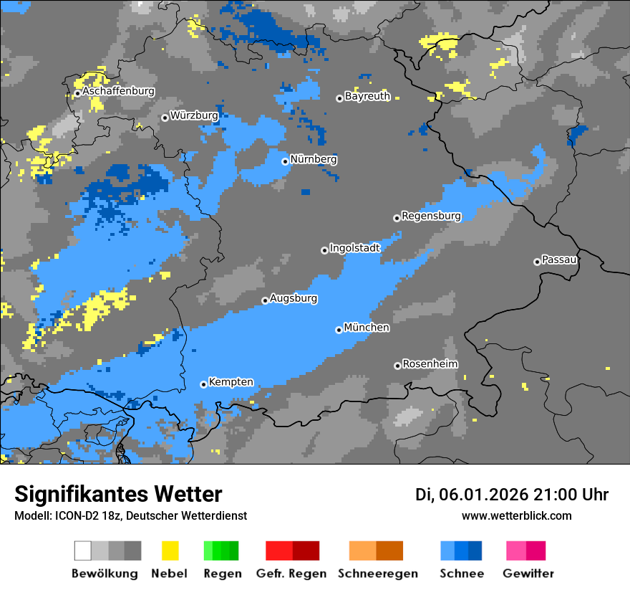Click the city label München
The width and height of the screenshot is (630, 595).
[x=367, y=328]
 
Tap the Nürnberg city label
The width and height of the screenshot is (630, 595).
[x=314, y=159]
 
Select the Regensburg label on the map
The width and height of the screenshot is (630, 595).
[x=431, y=216]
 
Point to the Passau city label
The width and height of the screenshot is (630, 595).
[x=560, y=260]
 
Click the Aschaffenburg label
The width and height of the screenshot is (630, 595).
[x=118, y=91]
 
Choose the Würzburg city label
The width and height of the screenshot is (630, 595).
[x=194, y=115]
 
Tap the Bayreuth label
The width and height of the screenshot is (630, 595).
[x=367, y=96]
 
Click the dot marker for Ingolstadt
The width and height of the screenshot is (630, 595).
[x=324, y=250]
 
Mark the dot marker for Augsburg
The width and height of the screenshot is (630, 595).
[x=265, y=300]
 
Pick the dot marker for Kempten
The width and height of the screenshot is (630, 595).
[x=203, y=384]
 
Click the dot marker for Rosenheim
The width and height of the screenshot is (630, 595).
[x=397, y=366]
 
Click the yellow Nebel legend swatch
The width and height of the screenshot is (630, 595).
[x=170, y=551]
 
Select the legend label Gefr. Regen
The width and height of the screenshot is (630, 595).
[x=291, y=573]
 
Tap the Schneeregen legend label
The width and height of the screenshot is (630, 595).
[x=378, y=573]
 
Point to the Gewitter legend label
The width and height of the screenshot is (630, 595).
[x=528, y=573]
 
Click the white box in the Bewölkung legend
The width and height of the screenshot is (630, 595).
[x=83, y=551]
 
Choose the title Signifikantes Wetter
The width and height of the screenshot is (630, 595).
[x=118, y=495]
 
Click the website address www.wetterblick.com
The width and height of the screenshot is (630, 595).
[x=516, y=516]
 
